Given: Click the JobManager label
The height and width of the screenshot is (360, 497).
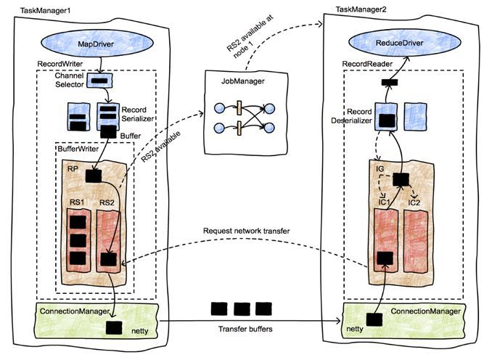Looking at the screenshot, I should pos(236,81).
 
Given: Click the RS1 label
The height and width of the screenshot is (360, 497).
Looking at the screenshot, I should pos(75,202).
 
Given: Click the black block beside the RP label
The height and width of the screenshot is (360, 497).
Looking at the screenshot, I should pos(93,175).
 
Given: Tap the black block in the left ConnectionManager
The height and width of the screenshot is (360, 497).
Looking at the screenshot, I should pos(114,327).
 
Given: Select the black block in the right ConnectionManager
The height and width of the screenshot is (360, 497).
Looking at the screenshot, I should pos(374,319).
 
